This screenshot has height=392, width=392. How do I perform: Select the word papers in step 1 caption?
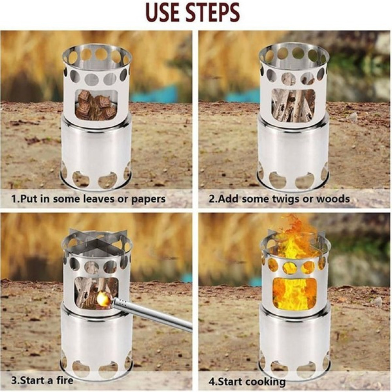pos(149,200)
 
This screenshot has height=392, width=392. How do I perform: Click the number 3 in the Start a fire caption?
pos(14,381)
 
